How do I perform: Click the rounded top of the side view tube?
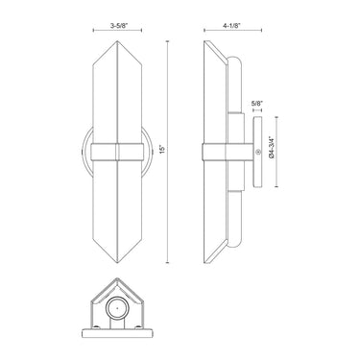coord(230,57)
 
